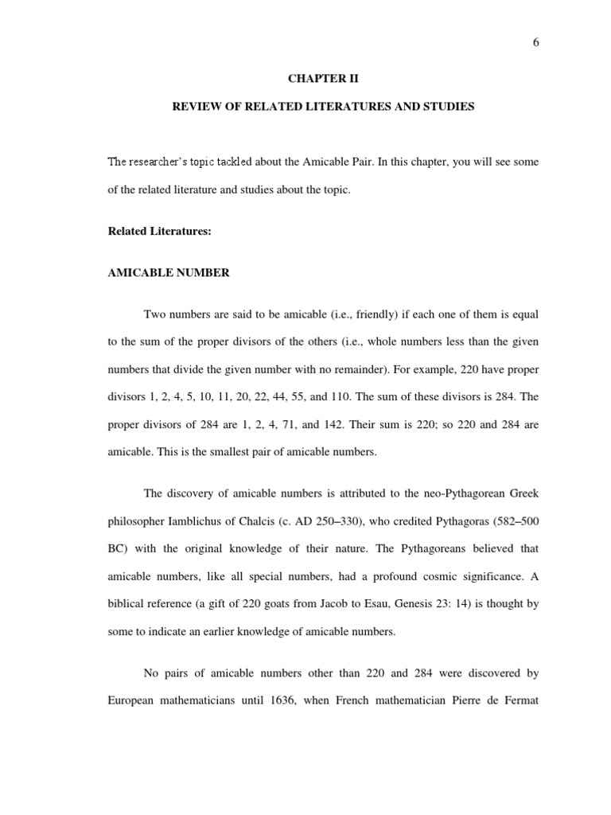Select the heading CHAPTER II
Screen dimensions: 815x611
tap(323, 80)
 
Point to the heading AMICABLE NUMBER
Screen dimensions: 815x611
tap(169, 273)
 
